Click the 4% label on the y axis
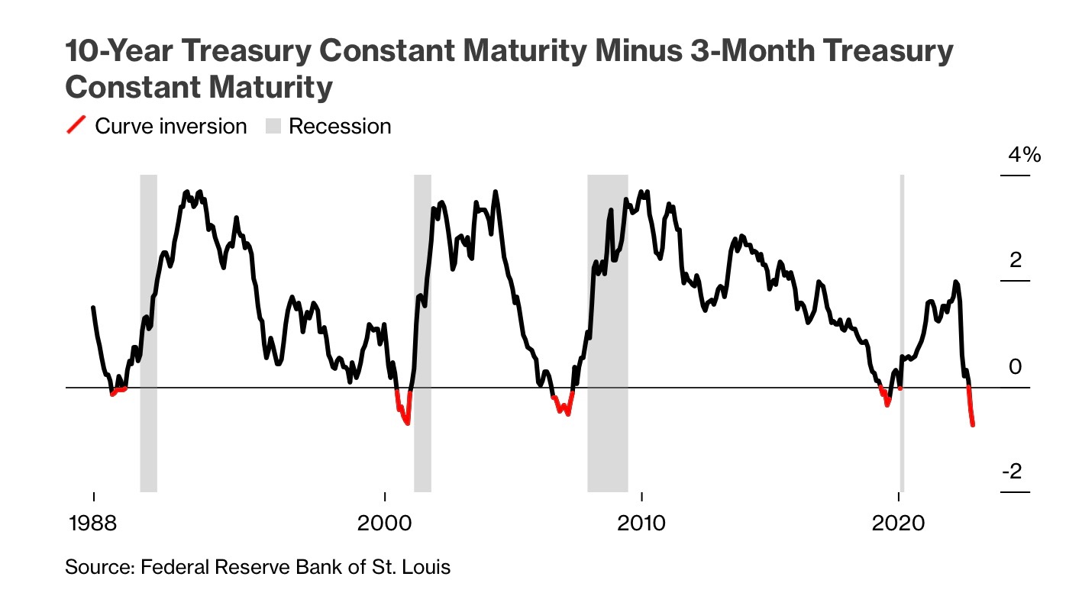1024,156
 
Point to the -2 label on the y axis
1012,472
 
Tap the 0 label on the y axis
1015,367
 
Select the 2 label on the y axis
1015,261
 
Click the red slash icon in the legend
76,126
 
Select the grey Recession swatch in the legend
273,126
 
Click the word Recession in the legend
340,126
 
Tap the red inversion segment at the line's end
971,411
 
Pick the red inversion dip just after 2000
402,412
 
